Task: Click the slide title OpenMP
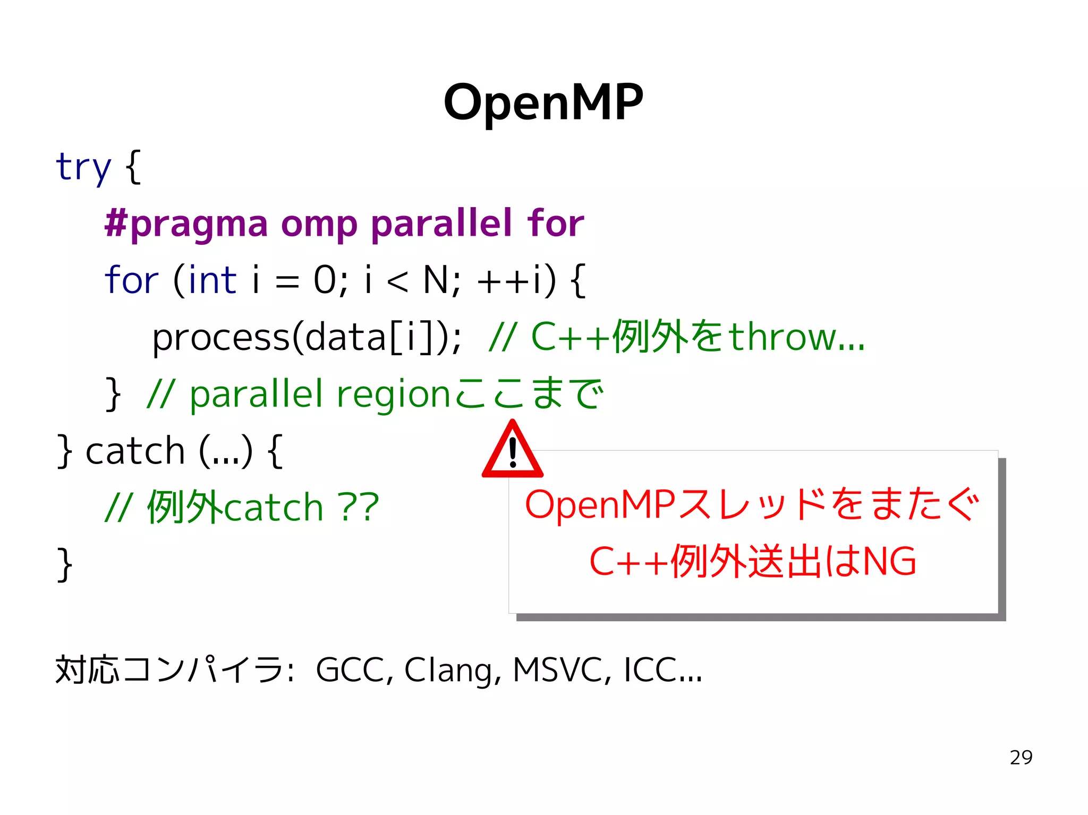click(x=543, y=103)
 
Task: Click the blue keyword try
click(x=83, y=167)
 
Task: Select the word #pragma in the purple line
click(x=186, y=224)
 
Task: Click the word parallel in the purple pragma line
click(x=441, y=223)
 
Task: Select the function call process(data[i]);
click(x=307, y=338)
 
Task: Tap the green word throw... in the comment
click(x=796, y=337)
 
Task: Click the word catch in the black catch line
click(x=135, y=451)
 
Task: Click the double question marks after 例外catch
click(x=359, y=508)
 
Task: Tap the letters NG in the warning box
click(x=889, y=562)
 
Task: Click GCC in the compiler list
click(x=350, y=670)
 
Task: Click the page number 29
click(x=1021, y=758)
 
